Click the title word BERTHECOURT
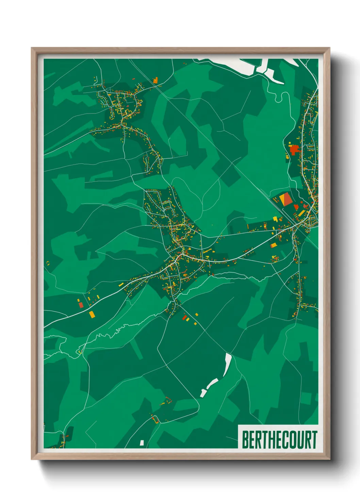[x=279, y=440]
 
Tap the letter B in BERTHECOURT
[x=245, y=440]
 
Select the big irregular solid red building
[x=294, y=149]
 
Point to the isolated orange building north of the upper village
[x=156, y=80]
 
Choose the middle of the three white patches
[x=212, y=383]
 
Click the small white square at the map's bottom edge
[x=142, y=443]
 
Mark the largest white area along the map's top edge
[x=235, y=66]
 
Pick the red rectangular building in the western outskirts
[x=81, y=305]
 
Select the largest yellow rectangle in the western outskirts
[x=92, y=314]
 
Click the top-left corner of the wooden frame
[x=32, y=48]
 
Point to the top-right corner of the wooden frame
[x=329, y=48]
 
